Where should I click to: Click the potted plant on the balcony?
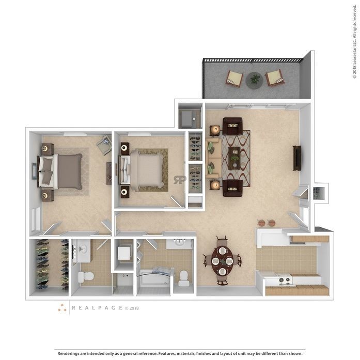tap(255, 80)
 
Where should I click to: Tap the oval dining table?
tap(222, 261)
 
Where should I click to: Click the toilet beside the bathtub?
tap(184, 278)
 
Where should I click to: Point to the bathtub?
tap(154, 278)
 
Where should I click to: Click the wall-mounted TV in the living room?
tap(296, 158)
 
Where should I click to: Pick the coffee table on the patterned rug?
tap(234, 158)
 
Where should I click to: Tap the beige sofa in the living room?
tap(213, 158)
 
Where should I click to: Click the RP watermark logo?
tap(180, 180)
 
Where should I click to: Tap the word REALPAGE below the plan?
tap(97, 308)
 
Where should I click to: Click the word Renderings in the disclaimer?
tap(68, 353)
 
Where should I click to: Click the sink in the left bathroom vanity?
tap(83, 248)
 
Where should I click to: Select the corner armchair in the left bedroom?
tap(104, 145)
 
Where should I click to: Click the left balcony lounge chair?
tap(234, 79)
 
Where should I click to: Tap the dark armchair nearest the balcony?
tap(232, 126)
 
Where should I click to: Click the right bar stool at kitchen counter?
tap(272, 223)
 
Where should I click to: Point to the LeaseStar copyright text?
tap(355, 41)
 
